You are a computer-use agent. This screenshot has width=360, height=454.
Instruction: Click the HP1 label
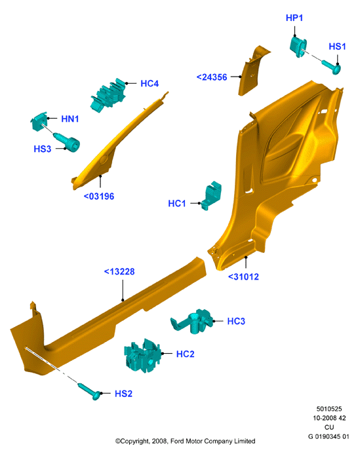click(x=294, y=18)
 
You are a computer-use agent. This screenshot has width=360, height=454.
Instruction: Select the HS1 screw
click(x=331, y=67)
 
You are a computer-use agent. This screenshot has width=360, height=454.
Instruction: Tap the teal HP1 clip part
click(x=298, y=47)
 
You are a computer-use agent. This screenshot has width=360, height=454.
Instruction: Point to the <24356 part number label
click(x=212, y=77)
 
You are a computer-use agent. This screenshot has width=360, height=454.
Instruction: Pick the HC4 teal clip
click(x=108, y=95)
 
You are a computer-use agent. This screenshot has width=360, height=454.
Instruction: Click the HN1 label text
click(x=70, y=119)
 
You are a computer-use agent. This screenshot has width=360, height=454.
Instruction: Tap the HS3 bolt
click(x=66, y=142)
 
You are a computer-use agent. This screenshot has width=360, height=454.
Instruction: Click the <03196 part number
click(x=99, y=197)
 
